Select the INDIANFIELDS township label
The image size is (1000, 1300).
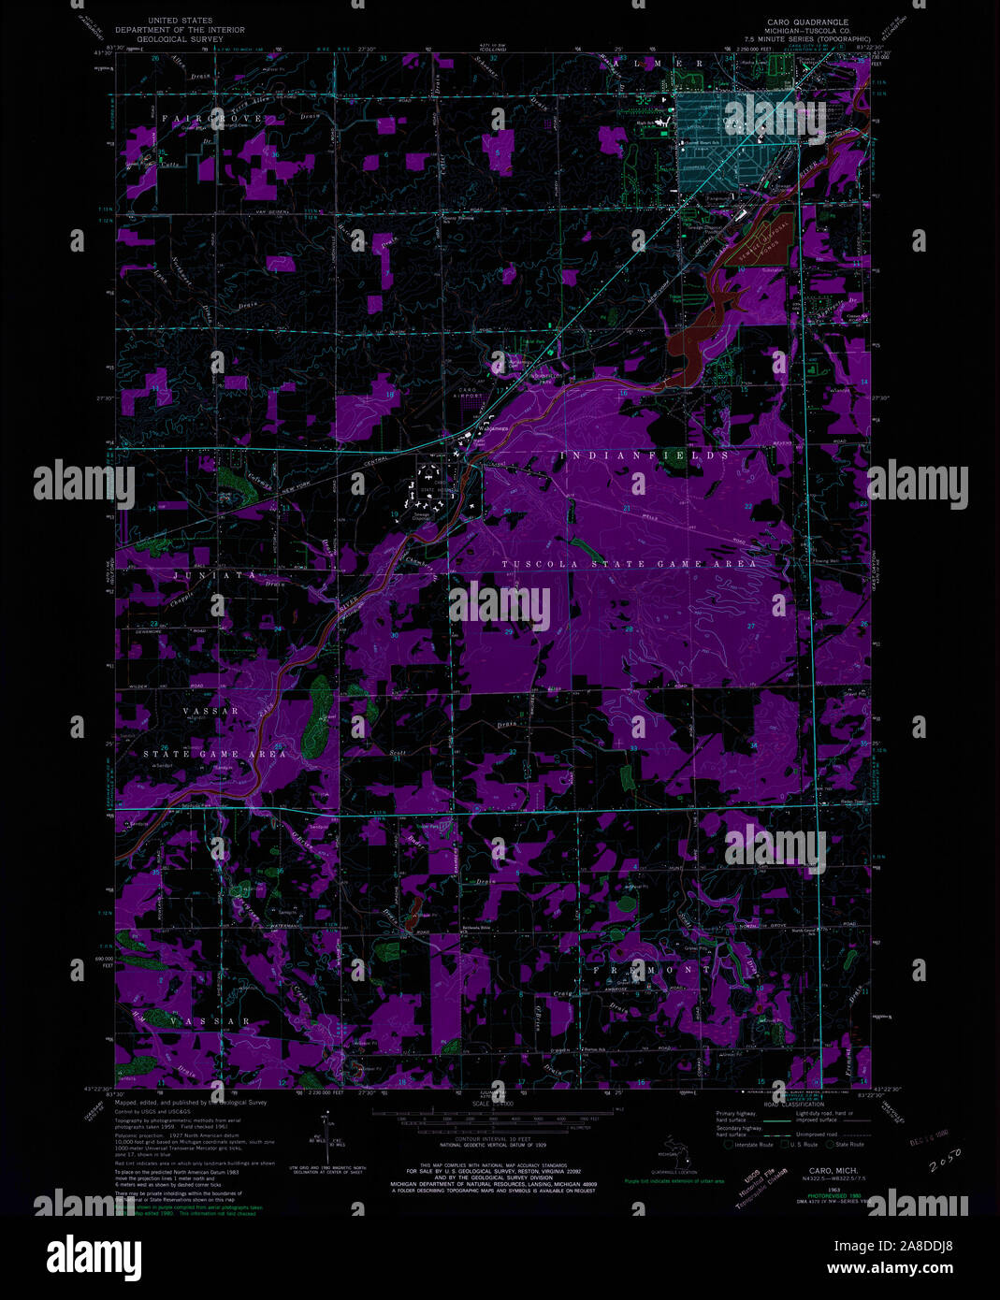click(x=645, y=455)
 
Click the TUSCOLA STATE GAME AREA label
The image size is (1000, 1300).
click(x=629, y=565)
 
